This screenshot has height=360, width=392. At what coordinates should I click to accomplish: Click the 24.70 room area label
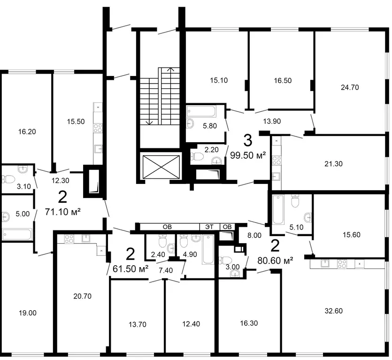tap(350, 87)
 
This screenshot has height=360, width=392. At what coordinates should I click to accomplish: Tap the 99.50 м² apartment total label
tap(248, 155)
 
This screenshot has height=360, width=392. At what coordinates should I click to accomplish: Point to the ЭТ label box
tap(209, 227)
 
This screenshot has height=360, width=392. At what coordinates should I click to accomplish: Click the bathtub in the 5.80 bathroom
tap(201, 112)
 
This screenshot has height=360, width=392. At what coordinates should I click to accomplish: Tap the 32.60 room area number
tap(333, 311)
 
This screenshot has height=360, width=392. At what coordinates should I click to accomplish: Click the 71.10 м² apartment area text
tap(63, 212)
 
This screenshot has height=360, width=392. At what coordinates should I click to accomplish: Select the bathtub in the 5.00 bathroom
tap(17, 235)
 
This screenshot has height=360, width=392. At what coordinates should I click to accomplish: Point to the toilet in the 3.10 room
tap(8, 179)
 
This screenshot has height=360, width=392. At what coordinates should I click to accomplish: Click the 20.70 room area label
tap(82, 296)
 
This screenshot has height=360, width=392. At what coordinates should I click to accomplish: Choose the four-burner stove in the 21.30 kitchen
tap(277, 160)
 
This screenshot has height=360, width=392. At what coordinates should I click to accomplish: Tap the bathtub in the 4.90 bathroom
tap(208, 249)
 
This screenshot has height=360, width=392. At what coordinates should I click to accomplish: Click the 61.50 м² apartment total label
tap(131, 269)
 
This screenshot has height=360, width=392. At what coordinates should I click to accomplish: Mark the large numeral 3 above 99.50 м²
tap(248, 140)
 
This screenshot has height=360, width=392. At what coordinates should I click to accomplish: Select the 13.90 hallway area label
tap(272, 121)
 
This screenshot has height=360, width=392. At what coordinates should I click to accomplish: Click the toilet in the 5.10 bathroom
tap(295, 201)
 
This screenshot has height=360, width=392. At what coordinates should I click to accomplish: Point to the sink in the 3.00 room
tap(235, 274)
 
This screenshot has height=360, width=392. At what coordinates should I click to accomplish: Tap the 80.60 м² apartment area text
tap(275, 261)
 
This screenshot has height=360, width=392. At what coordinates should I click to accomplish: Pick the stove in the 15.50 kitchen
tap(98, 128)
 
